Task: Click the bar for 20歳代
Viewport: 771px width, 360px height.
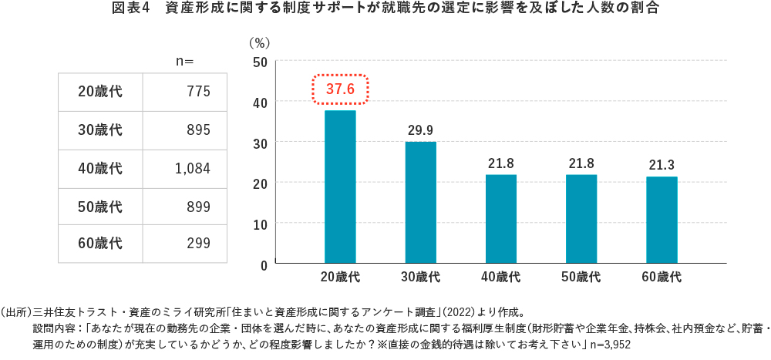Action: (340, 187)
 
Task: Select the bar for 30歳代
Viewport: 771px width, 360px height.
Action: (420, 202)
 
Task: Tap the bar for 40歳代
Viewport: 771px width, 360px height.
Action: (501, 219)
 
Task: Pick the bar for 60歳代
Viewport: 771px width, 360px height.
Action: (662, 220)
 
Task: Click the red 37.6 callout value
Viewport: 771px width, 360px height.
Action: (340, 89)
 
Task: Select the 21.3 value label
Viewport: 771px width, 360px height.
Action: (662, 164)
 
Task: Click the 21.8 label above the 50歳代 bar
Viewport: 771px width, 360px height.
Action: (581, 163)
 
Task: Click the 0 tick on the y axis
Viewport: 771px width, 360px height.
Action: (264, 264)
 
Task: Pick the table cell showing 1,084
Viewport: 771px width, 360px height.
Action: (193, 168)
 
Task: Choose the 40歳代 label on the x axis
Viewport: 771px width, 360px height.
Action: (501, 277)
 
